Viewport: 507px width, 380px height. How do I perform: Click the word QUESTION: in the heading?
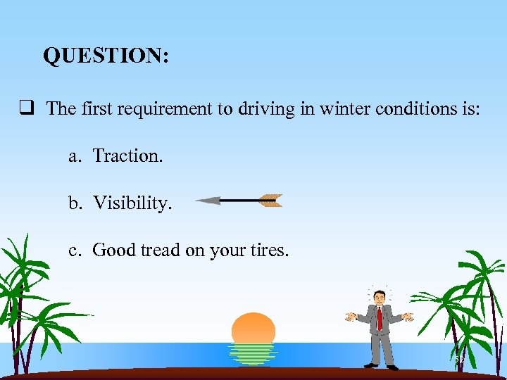click(x=106, y=56)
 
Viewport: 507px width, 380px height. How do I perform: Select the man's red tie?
click(x=380, y=318)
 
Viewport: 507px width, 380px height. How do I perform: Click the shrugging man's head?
click(x=380, y=296)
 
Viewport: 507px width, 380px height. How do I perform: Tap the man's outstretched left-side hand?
click(x=350, y=317)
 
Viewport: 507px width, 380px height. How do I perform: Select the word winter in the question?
click(x=341, y=109)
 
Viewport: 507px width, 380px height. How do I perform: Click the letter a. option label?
click(x=74, y=156)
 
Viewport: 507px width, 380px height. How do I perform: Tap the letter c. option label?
click(x=74, y=250)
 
